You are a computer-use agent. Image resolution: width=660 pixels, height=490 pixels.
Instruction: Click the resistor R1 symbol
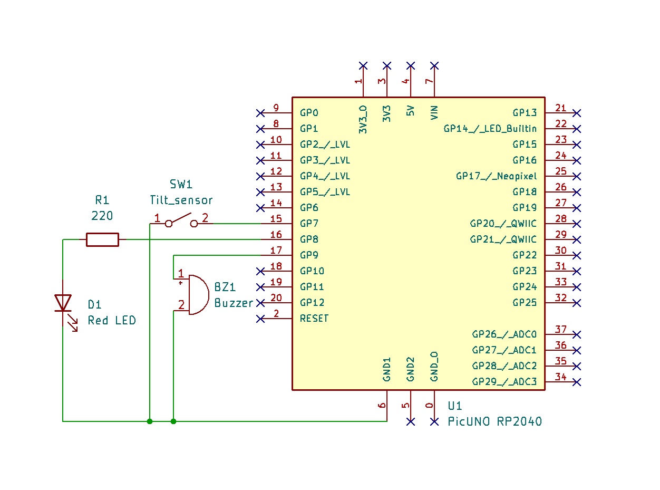click(102, 239)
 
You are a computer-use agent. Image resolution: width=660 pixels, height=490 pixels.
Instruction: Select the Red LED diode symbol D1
click(63, 303)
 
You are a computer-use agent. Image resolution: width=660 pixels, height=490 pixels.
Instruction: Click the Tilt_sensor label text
click(181, 200)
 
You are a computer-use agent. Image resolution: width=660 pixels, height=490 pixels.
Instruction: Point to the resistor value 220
click(102, 216)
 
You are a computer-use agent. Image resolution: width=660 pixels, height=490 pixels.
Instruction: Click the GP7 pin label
click(309, 224)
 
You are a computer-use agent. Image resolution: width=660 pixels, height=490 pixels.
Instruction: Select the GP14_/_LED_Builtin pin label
click(490, 129)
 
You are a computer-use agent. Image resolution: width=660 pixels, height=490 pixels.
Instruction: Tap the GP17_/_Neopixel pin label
click(497, 176)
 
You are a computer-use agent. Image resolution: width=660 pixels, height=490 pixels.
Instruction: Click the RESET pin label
click(314, 319)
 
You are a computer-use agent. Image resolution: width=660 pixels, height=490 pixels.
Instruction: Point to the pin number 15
click(276, 219)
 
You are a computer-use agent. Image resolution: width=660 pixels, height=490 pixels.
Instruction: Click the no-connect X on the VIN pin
click(434, 65)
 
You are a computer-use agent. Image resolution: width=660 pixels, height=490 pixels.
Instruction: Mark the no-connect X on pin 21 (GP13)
click(577, 113)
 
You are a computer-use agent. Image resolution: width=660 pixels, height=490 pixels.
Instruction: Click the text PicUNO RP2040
click(494, 421)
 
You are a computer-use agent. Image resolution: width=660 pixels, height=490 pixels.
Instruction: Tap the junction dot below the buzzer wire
click(173, 421)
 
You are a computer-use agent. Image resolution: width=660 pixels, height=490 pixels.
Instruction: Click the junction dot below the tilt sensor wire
click(150, 421)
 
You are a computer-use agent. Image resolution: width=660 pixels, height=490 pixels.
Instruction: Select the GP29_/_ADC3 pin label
click(504, 382)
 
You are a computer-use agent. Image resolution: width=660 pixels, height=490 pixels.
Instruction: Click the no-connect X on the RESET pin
click(260, 319)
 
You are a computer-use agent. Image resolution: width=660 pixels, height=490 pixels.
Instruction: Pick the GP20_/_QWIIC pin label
click(503, 224)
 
